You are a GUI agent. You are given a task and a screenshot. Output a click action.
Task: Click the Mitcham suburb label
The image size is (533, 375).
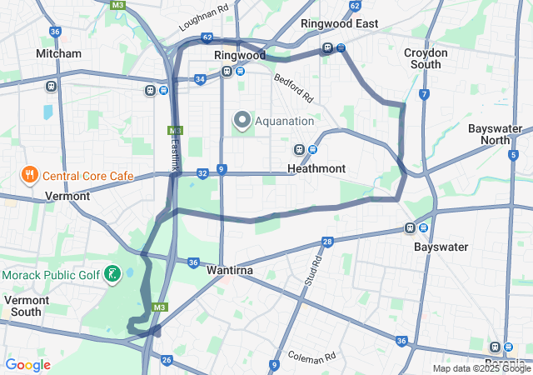tap(58, 53)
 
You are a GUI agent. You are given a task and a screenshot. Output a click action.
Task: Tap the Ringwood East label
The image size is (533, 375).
tap(339, 24)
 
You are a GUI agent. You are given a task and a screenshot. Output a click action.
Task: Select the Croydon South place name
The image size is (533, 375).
tap(426, 58)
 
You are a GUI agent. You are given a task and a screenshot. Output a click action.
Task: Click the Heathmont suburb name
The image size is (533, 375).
tap(316, 168)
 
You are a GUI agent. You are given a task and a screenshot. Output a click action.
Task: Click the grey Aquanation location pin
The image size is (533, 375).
tap(242, 121)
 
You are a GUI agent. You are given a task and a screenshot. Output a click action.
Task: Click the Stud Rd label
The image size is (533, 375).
tap(314, 272)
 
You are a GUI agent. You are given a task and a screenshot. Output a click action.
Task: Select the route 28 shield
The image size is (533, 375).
tap(327, 242)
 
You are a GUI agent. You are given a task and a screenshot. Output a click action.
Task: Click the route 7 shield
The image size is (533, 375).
tap(424, 94)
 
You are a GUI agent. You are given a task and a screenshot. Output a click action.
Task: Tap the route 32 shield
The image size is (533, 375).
tap(202, 173)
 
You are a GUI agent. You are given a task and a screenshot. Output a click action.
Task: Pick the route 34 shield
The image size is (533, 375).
tap(200, 80)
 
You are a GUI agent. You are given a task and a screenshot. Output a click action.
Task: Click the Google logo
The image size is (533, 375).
tap(28, 365)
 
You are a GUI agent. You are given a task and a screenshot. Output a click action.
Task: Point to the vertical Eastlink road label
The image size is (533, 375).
tap(175, 155)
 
